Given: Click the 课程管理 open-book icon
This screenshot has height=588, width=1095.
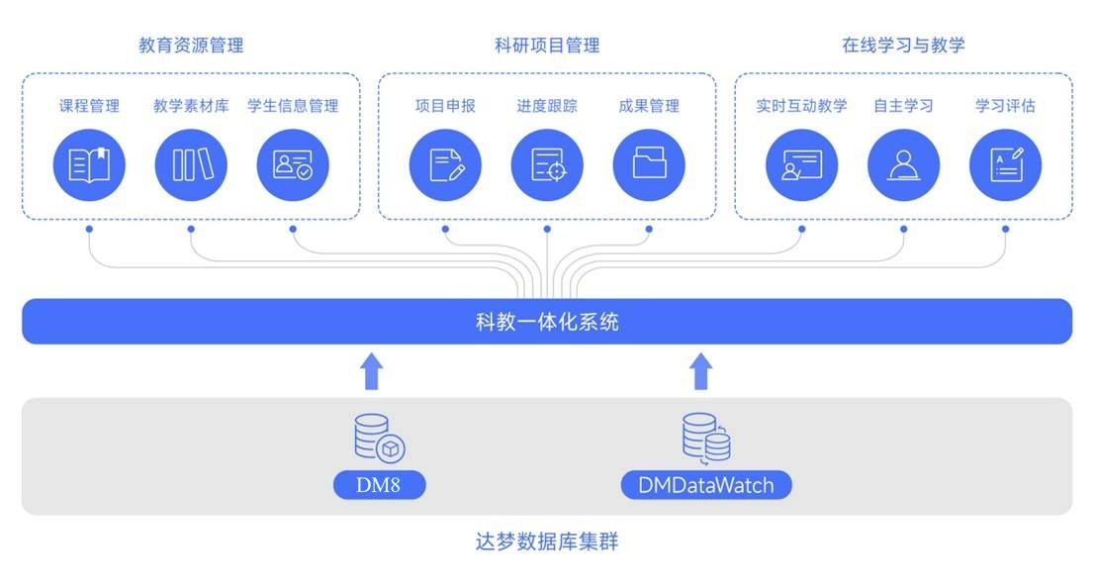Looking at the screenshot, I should [89, 164].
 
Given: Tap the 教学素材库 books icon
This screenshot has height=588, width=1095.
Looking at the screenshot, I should [191, 164].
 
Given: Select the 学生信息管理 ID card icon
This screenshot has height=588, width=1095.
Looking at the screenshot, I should [293, 164].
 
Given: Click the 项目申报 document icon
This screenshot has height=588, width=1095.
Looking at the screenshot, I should [445, 164].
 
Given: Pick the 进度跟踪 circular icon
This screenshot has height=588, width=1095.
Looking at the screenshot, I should [547, 164].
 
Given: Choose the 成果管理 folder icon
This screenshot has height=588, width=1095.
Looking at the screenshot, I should [649, 164].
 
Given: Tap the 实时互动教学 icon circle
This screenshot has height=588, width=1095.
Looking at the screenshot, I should [801, 164].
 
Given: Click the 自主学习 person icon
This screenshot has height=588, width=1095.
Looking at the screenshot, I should [903, 164].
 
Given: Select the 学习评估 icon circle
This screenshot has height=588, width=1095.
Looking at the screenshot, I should [1005, 164].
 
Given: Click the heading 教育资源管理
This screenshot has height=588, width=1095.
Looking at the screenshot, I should [191, 46].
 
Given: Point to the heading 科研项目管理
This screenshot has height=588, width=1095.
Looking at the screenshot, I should [547, 46].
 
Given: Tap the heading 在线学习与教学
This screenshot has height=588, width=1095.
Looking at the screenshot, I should [903, 46].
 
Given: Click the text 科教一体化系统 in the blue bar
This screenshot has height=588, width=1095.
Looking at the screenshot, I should [547, 322].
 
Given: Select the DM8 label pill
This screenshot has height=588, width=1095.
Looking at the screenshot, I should [379, 485].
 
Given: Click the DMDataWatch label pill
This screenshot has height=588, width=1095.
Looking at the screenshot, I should [705, 485].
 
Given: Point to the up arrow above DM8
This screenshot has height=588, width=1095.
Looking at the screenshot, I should [371, 371].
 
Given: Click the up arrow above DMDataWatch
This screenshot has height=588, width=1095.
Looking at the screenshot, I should [700, 371].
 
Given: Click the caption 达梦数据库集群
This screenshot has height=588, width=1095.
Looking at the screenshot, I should [547, 541].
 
